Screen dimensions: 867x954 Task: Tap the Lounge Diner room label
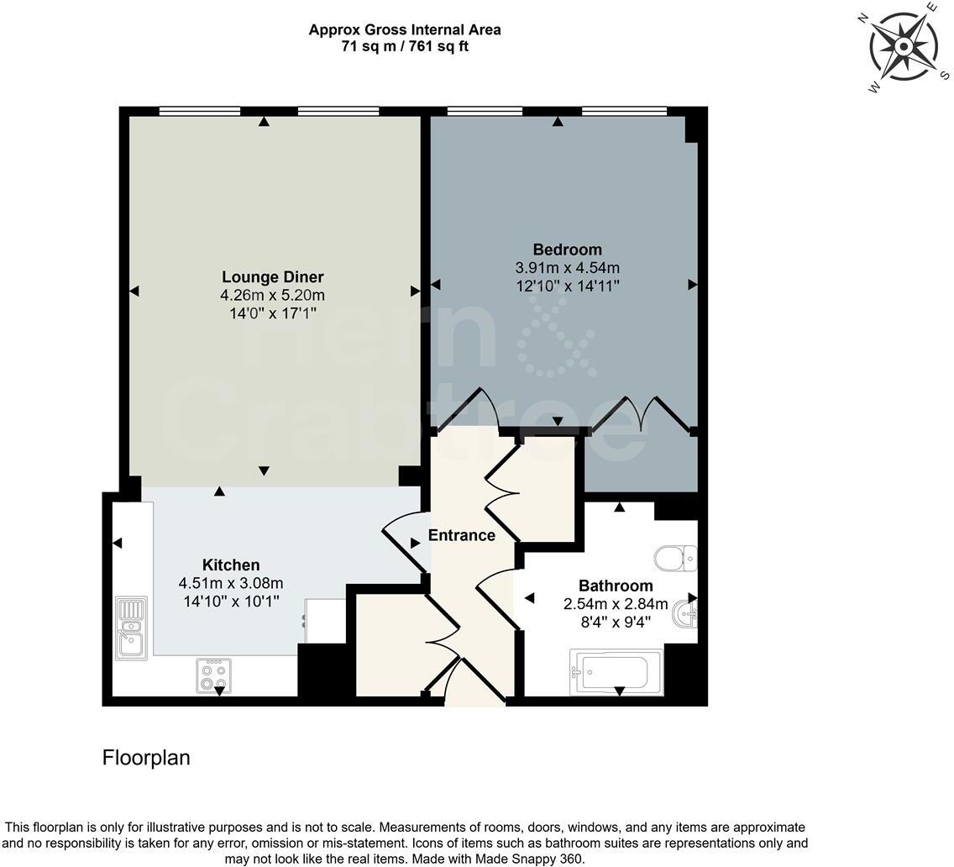(272, 277)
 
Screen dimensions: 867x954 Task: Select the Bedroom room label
(568, 250)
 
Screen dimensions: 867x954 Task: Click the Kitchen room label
(231, 565)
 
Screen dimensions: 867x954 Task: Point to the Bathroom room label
(616, 586)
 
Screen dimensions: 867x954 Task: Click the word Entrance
(462, 535)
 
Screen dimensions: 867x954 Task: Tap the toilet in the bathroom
(676, 557)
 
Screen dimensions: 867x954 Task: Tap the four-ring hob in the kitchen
(213, 675)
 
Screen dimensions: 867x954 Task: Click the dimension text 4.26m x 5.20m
(272, 295)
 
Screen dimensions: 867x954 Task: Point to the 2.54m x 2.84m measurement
(616, 603)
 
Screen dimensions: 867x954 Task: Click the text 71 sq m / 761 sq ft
(405, 46)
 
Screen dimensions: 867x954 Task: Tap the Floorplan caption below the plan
(146, 758)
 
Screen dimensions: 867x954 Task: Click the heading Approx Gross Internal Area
(405, 30)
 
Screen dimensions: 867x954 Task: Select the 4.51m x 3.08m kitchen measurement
(231, 583)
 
